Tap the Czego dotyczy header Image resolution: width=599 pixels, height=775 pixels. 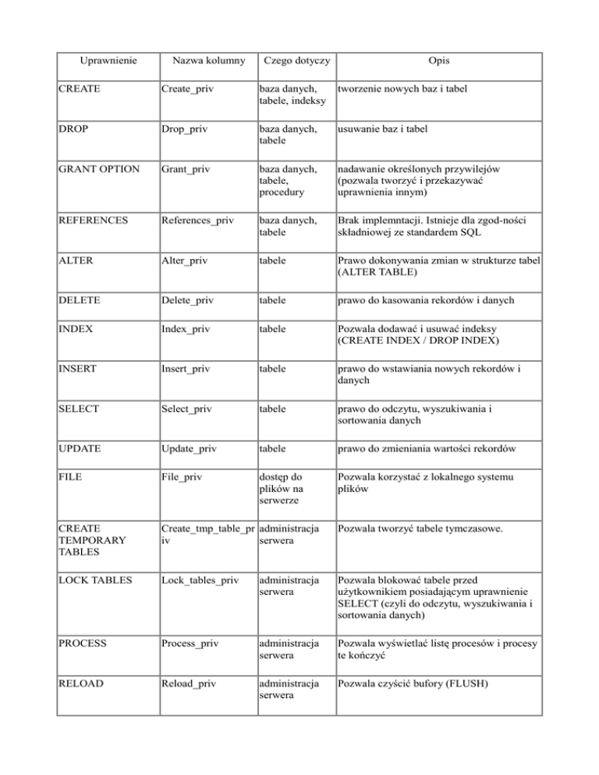(x=296, y=60)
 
